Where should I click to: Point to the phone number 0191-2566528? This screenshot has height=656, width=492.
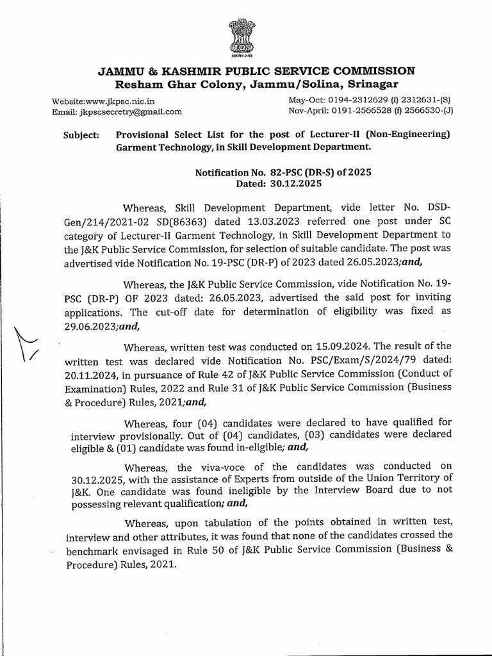pyautogui.click(x=359, y=111)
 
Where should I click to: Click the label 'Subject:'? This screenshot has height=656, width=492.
pyautogui.click(x=81, y=135)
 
